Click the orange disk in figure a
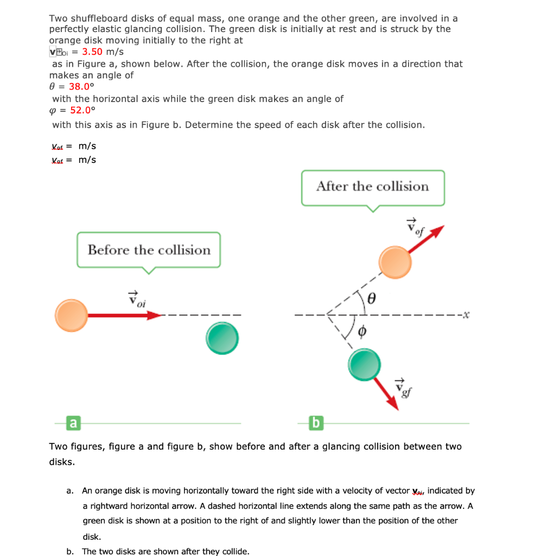tap(71, 315)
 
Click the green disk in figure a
tap(222, 338)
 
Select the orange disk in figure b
tap(396, 262)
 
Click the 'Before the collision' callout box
tap(149, 250)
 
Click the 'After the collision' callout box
tap(372, 187)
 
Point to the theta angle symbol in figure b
tap(372, 298)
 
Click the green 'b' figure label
tap(315, 422)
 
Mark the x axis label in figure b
tap(465, 314)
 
